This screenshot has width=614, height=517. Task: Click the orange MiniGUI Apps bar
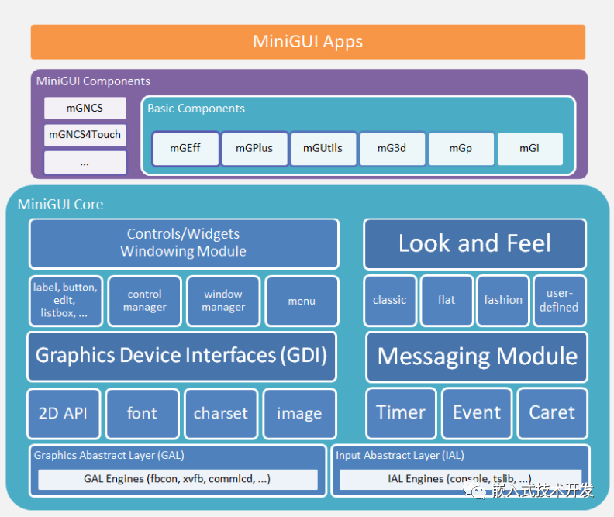pos(308,42)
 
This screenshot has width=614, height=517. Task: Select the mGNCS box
pos(85,108)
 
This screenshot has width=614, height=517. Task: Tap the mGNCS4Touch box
pos(85,134)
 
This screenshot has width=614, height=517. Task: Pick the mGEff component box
pos(185,149)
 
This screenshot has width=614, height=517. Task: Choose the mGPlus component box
pos(254,149)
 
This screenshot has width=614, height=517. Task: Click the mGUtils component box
pos(323,149)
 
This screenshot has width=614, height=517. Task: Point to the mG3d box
pos(392,149)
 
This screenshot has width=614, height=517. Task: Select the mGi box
pos(529,149)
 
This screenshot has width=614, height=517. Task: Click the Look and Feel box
pos(474,243)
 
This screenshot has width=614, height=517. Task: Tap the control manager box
pos(145,301)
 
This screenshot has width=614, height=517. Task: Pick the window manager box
pos(223,301)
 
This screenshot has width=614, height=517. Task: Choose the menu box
pos(302,301)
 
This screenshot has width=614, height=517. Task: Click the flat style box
pos(447,300)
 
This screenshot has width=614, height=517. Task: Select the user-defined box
pos(559,300)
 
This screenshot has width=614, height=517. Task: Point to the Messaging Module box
pos(477,357)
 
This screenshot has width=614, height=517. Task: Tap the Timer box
pos(401,412)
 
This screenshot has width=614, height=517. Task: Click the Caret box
pos(552,412)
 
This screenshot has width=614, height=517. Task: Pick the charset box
pos(221,413)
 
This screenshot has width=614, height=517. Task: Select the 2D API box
pos(64,413)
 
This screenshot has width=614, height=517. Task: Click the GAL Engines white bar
pos(178,479)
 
